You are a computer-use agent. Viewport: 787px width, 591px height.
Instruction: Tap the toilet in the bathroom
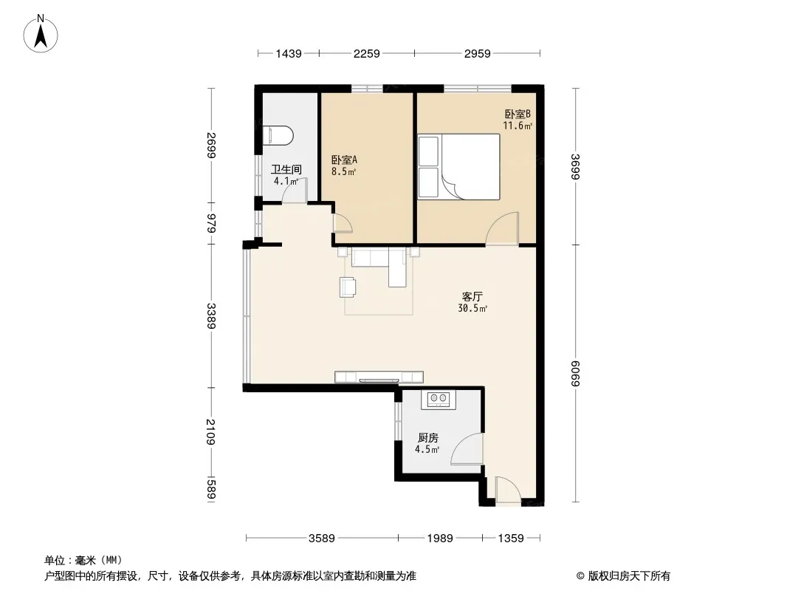[x=278, y=136]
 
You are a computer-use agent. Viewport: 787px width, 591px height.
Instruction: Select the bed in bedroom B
[x=458, y=167]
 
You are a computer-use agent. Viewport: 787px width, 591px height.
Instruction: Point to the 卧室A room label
[x=344, y=160]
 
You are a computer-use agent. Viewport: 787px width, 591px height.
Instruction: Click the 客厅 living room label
[x=472, y=296]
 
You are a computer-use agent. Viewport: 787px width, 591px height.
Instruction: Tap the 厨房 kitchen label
[x=427, y=438]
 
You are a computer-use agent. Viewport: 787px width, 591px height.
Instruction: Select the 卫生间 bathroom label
[x=286, y=169]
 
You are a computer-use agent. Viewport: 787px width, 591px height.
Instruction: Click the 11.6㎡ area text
[x=518, y=126]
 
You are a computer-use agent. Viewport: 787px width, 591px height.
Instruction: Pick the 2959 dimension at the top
[x=477, y=53]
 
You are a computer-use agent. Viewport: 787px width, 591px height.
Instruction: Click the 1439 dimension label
[x=289, y=53]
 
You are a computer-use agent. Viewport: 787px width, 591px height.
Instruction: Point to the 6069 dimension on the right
[x=575, y=374]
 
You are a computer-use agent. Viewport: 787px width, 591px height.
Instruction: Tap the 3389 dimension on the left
[x=211, y=316]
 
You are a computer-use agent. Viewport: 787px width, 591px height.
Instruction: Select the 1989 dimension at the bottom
[x=440, y=539]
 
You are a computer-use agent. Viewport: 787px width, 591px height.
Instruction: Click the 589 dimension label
[x=211, y=489]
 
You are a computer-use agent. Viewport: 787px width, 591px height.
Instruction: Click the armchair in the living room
[x=348, y=287]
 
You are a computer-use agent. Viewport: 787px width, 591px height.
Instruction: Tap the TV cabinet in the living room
[x=379, y=377]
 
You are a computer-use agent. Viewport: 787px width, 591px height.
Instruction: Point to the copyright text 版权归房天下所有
[x=629, y=576]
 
